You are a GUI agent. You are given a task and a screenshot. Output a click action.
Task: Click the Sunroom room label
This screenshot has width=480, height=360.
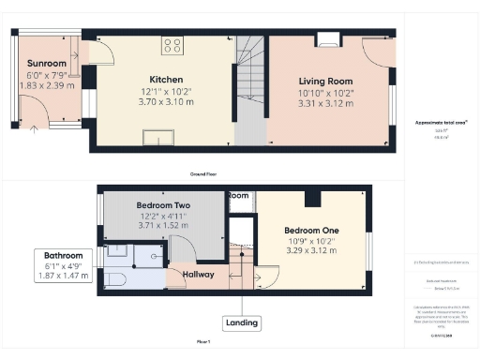pos(44,64)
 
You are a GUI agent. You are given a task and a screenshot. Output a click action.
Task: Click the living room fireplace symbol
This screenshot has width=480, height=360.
pos(329,39)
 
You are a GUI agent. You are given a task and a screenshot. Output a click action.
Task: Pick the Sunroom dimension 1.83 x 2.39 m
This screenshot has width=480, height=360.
pos(45,86)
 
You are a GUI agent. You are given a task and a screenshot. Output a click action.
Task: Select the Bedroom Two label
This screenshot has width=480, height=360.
pos(163,204)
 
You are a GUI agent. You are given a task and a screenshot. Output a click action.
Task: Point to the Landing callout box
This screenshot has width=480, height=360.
pos(241,322)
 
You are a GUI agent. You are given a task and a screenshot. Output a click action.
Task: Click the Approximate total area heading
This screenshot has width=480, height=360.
pos(441,123)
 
